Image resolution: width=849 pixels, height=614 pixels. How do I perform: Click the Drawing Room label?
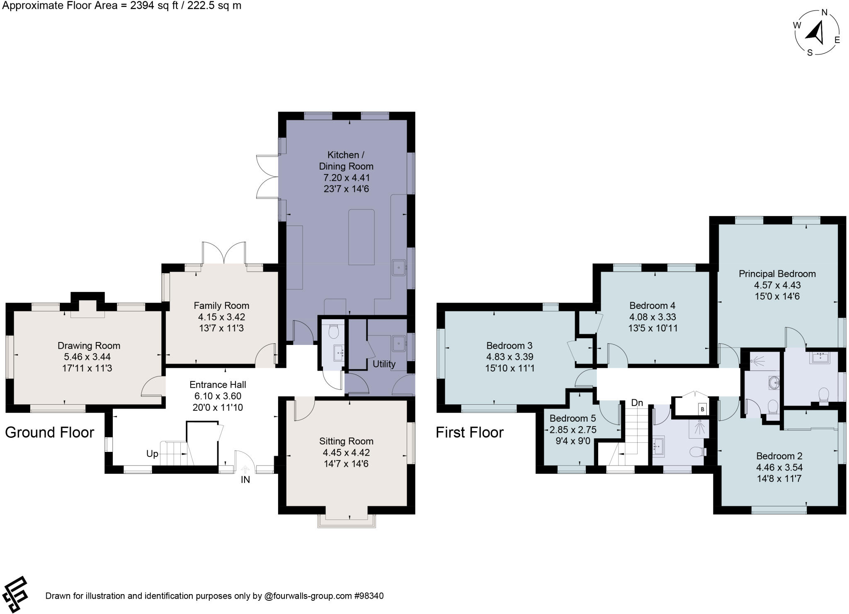pos(89,345)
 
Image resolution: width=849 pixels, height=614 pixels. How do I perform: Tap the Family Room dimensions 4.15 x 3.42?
pos(221,317)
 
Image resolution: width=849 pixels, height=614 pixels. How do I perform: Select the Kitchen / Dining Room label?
pos(346,160)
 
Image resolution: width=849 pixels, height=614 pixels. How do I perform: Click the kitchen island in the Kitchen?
pos(361,237)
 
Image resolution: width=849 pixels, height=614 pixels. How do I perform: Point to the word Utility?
pos(384,364)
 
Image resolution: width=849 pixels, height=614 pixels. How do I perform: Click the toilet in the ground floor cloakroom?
pos(333,331)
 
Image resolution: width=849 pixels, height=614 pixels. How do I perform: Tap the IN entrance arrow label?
pos(245,480)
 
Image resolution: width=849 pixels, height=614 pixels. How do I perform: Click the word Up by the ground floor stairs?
pos(152,454)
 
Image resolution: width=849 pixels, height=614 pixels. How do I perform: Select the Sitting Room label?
pos(346,441)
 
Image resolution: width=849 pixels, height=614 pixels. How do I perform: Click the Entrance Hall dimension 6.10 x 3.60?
pos(218,396)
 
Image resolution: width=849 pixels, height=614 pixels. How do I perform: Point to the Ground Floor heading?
pos(50,432)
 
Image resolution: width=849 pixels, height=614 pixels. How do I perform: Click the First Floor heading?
pos(469,432)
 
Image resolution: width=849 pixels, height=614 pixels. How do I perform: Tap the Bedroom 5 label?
pos(572,418)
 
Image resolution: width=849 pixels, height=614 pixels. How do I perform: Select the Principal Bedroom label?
pos(777,274)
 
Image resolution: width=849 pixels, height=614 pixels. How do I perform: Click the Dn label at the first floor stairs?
pos(637,403)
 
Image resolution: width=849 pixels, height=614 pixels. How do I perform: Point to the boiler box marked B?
pos(702,409)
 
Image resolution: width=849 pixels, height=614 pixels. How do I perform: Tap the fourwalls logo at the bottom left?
pos(15,594)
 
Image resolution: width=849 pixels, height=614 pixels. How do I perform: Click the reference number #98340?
pos(369,596)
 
